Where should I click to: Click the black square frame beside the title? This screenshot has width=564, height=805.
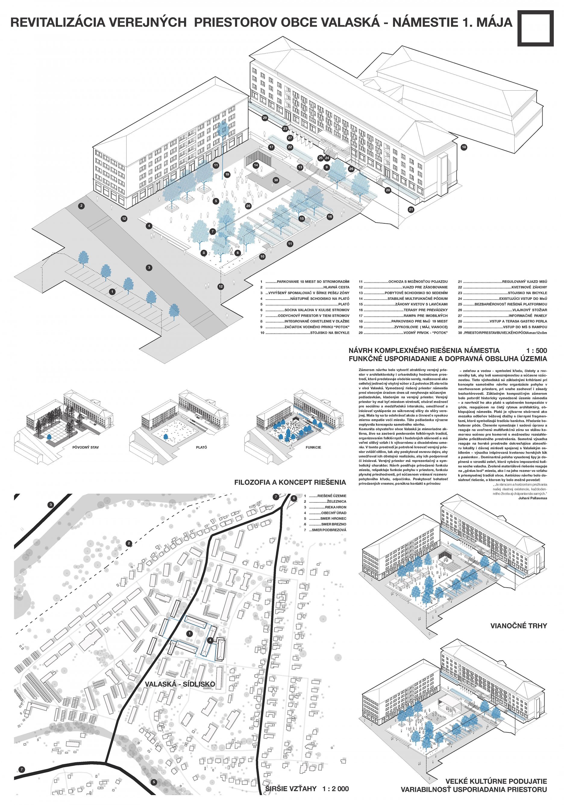coord(535,28)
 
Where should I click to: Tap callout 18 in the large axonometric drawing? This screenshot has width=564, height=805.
coord(464,147)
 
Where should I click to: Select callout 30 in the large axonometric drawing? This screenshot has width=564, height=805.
coord(276,180)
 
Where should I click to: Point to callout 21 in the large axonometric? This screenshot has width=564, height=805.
coord(411,210)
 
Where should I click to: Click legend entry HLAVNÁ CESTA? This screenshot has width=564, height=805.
coord(336,287)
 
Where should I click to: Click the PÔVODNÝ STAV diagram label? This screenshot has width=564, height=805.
coord(83,447)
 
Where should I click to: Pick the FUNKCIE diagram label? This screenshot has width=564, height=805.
coord(313,447)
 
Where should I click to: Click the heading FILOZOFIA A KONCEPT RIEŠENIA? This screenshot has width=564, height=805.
coord(290,482)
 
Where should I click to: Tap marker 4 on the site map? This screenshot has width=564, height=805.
coord(210,640)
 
